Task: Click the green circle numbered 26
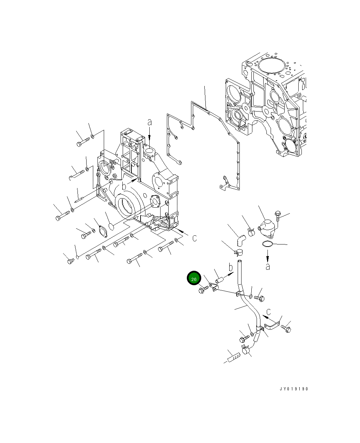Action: [x=194, y=278]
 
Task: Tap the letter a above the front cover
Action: [x=149, y=122]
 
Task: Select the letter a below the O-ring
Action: [x=268, y=267]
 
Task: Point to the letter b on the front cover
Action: [x=124, y=186]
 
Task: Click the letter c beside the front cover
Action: [x=195, y=238]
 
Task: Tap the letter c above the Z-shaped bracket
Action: [x=269, y=312]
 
